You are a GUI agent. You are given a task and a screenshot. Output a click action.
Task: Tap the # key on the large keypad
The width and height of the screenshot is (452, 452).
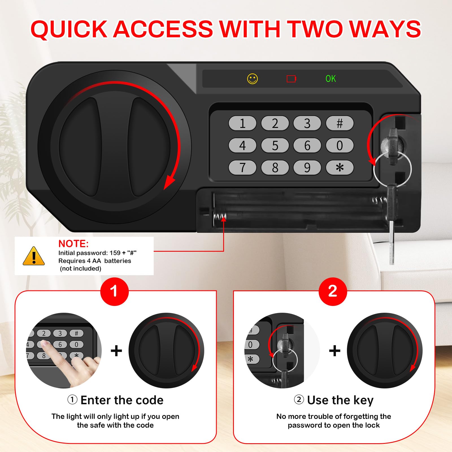point(340,123)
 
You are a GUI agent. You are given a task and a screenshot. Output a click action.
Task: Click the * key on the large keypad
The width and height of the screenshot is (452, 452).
point(340,168)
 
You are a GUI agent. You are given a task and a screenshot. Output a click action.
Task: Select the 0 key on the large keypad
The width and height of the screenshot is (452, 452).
point(340,145)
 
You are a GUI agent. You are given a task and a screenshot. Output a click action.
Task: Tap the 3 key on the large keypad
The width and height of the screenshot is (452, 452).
point(307,123)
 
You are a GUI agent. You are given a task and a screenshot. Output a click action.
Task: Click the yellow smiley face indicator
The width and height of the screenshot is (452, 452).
point(253,79)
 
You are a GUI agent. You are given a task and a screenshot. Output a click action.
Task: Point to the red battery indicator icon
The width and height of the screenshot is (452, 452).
point(291,79)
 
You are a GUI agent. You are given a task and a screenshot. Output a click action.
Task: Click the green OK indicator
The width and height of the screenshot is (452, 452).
point(331,79)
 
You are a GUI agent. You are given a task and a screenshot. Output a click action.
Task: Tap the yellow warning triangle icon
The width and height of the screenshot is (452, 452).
point(34,256)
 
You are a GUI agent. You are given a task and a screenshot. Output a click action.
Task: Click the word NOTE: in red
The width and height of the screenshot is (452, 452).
point(73,244)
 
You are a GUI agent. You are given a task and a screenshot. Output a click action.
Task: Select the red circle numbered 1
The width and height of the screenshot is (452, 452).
point(114,292)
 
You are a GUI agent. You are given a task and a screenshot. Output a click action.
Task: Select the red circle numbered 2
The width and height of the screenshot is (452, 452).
point(333,292)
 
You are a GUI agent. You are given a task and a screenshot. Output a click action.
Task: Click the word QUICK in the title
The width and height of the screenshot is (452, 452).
point(69,29)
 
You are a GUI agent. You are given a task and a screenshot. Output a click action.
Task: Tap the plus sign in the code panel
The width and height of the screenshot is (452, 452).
point(116,351)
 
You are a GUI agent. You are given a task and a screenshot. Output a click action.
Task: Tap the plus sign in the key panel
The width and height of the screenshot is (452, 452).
point(335,351)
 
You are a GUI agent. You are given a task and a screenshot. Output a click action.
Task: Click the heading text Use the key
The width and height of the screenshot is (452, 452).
point(340,400)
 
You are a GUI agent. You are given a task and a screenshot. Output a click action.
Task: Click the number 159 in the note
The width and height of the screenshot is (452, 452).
point(115,253)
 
